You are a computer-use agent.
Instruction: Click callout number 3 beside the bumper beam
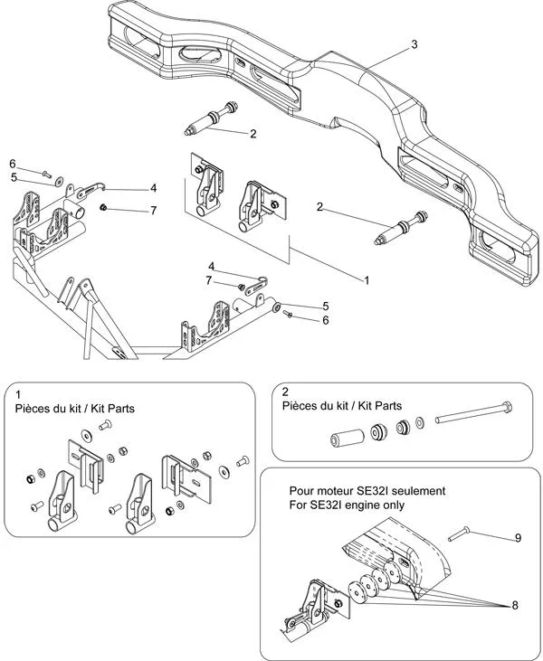point(414,44)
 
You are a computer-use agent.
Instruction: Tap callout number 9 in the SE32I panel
point(518,538)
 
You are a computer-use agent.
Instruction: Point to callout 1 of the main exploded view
point(367,281)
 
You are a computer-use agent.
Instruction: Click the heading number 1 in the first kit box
point(18,394)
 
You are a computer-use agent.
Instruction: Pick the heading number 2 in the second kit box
point(285,392)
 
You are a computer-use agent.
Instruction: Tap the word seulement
point(424,490)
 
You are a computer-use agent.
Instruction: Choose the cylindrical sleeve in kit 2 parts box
point(345,439)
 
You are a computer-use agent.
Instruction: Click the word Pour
point(301,490)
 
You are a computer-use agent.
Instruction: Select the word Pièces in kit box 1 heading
point(33,408)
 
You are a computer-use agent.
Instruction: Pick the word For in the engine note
point(299,505)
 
